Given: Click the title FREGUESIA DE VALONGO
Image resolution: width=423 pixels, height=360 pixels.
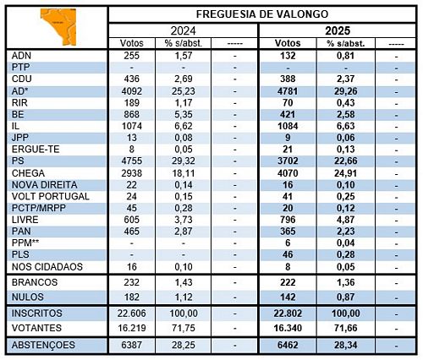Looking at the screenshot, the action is point(262,14).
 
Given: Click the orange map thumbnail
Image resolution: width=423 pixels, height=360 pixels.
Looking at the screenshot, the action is point(58,27).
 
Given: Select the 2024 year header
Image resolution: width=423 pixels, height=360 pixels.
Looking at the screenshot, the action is point(183,30).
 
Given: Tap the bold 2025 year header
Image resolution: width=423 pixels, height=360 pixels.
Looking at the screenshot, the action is point(338,30).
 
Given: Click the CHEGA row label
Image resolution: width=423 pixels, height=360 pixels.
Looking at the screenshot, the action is point(28,173).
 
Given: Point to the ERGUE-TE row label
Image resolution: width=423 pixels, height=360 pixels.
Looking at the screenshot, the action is point(36,150).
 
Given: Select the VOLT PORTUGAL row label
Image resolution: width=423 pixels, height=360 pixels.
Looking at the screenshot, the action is point(51,196).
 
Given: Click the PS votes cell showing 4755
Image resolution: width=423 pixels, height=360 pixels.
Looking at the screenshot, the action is point(132,161).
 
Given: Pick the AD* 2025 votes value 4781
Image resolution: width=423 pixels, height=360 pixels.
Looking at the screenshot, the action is point(288,91).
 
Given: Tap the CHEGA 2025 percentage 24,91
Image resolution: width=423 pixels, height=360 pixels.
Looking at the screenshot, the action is point(346,173).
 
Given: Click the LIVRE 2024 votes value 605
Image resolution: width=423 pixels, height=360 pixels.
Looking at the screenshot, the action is point(132,220).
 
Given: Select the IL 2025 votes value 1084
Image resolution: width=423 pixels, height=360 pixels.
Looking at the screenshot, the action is point(288,126).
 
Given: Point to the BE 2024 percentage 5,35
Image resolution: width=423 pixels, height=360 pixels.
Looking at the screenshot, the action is point(184,114).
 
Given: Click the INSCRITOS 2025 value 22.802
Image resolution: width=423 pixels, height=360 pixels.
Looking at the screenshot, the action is point(288,314).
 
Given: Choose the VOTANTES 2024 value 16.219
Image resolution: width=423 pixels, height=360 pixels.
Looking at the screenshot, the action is point(132,328).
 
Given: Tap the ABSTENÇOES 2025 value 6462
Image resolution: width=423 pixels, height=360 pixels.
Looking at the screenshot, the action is point(288,345).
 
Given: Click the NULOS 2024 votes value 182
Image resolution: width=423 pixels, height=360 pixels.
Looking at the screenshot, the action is point(132,297).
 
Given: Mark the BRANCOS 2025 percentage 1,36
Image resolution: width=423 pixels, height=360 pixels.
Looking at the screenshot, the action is point(346,282).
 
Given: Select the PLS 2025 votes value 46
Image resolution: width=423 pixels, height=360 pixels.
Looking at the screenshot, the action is point(288,254).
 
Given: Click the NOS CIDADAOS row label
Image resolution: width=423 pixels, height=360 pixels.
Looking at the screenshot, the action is point(47,266).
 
